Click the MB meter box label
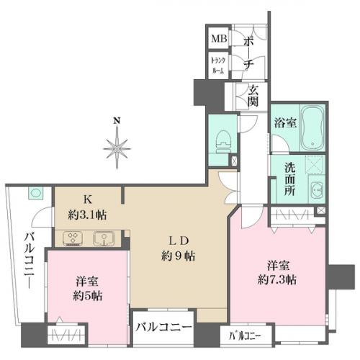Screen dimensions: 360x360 [x=219, y=38]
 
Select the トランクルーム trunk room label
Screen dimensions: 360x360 [x=218, y=66]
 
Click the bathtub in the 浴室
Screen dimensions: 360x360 [x=312, y=128]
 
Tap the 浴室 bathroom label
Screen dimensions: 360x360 [x=286, y=123]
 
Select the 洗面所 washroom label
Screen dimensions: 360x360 [x=290, y=179]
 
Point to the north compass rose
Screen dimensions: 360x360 [x=117, y=149]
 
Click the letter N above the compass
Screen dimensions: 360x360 [x=117, y=120]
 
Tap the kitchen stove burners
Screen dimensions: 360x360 [x=73, y=239]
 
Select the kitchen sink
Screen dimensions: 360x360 [x=104, y=238]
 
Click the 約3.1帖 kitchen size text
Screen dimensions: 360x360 [x=87, y=215]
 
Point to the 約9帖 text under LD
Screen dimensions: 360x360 [x=178, y=256]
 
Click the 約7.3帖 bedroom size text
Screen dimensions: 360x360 [x=277, y=279]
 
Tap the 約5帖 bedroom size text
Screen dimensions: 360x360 [x=88, y=296]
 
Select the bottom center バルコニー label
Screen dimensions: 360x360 [x=164, y=327]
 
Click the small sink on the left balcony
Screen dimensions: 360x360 [x=35, y=193]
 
